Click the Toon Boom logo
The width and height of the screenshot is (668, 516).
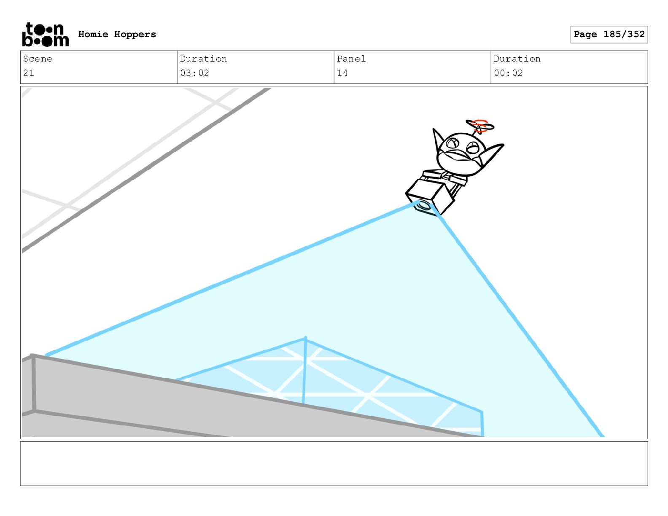click(46, 35)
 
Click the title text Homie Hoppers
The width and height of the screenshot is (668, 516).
click(117, 34)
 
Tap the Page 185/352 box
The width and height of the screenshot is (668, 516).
click(609, 35)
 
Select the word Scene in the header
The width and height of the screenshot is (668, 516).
click(38, 59)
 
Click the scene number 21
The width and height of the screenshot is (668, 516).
click(29, 73)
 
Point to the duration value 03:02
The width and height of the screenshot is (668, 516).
click(194, 73)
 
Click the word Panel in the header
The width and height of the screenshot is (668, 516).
click(351, 59)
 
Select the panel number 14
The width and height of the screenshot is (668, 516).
click(342, 73)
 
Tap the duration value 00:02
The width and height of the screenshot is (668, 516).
click(508, 73)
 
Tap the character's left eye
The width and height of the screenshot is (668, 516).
click(452, 143)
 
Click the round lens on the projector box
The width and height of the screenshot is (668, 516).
click(423, 205)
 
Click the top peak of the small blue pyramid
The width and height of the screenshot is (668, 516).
click(305, 338)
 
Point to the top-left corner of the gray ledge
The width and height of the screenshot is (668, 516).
click(32, 356)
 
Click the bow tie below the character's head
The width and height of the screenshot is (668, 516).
click(444, 175)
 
